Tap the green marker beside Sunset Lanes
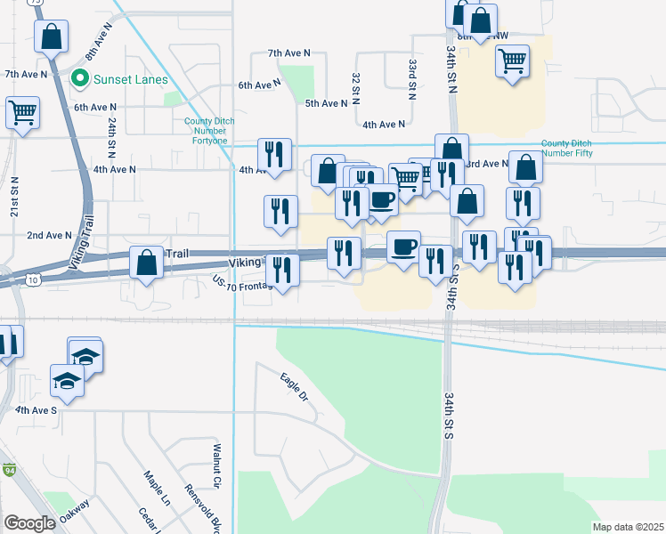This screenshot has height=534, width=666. click(79, 78)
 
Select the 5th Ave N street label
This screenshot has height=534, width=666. click(326, 104)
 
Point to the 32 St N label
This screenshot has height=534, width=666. click(355, 85)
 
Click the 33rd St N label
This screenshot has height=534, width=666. click(413, 73)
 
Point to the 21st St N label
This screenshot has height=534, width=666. click(15, 191)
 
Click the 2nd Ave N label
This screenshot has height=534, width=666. click(49, 235)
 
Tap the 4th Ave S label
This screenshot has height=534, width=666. click(36, 410)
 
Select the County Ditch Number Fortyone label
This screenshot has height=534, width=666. click(207, 131)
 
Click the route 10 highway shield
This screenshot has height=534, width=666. click(33, 280)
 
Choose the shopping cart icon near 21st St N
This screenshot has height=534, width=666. click(22, 113)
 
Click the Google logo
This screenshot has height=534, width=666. click(30, 523)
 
